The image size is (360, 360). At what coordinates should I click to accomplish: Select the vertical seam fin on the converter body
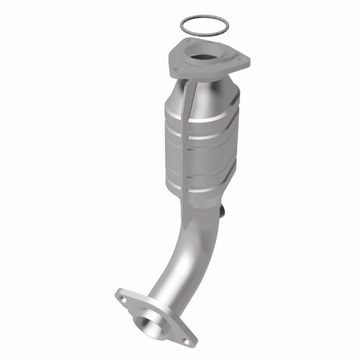click(186, 144)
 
